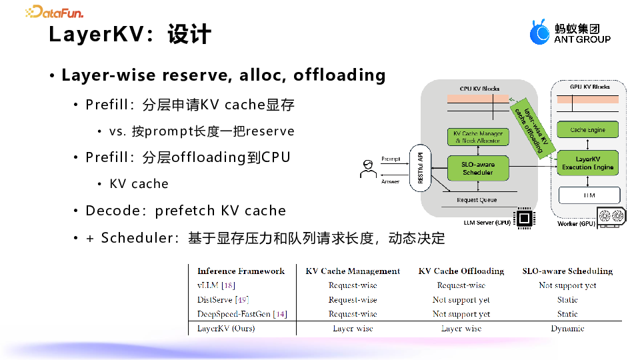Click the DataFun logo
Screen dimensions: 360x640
[x=54, y=11]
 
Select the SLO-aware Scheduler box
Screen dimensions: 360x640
[x=477, y=168]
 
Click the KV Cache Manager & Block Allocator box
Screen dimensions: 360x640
[x=477, y=137]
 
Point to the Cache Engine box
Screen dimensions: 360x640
[x=587, y=130]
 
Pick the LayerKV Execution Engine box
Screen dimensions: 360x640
[x=587, y=163]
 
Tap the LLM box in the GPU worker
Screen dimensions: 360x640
[x=589, y=195]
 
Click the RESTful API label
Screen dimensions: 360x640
[x=421, y=168]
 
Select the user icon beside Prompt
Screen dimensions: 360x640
[x=367, y=169]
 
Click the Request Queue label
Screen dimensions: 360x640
[x=476, y=200]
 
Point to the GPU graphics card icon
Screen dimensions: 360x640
[x=612, y=217]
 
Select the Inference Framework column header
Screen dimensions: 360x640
[x=241, y=271]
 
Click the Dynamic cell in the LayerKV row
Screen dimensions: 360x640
[x=567, y=329]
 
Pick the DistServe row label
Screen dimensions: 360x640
[x=223, y=300]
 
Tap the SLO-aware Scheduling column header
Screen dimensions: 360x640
[x=567, y=271]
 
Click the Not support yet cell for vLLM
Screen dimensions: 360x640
[x=567, y=285]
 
